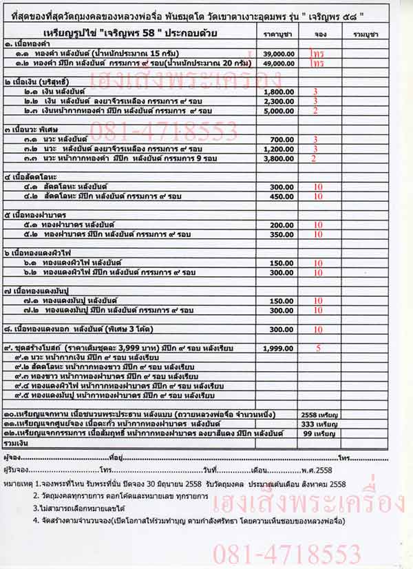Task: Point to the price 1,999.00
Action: click(279, 349)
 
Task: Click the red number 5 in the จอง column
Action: click(318, 349)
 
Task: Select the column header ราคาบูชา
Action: click(280, 33)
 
